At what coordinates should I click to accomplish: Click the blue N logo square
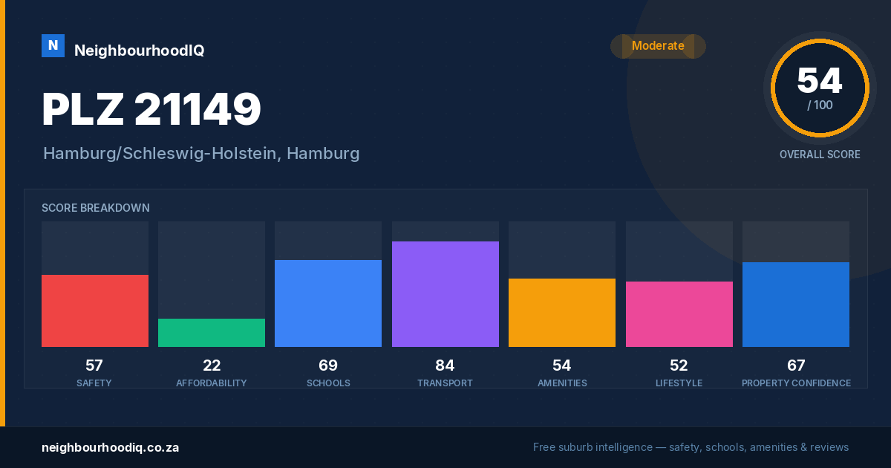coord(53,46)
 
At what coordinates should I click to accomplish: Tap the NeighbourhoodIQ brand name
coord(140,51)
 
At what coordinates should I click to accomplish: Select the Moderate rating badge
coord(658,46)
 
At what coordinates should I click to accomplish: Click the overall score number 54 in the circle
coord(820,81)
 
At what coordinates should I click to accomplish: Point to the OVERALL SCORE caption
coord(820,155)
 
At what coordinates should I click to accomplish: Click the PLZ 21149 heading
coord(151,108)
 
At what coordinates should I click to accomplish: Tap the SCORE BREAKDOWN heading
coord(96,208)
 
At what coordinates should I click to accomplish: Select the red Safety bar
coord(95,311)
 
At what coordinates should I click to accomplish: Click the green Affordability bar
coord(212,333)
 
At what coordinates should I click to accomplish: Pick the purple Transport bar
coord(445,294)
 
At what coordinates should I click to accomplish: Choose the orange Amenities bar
coord(562,313)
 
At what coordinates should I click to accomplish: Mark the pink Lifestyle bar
coord(679,314)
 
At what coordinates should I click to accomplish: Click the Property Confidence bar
coord(796,305)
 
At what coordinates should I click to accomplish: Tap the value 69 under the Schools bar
coord(328,365)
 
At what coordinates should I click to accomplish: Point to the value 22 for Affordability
coord(212,365)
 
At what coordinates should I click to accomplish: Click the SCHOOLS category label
coord(328,383)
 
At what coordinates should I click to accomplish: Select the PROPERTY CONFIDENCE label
coord(796,383)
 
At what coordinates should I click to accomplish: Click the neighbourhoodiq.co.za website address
coord(110,447)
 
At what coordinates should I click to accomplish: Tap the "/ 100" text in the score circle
coord(820,105)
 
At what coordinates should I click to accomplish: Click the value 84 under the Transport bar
coord(445,365)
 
